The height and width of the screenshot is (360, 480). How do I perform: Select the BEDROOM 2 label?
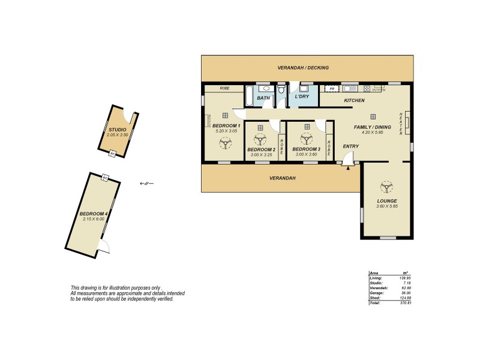click(x=261, y=149)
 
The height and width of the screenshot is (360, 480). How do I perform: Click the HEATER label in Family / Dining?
click(x=401, y=123)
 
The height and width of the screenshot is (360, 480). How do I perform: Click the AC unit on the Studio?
click(x=112, y=154)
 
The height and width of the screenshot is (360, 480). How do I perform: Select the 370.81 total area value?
click(x=405, y=303)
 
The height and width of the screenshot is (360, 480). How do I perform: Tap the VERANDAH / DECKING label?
click(x=303, y=68)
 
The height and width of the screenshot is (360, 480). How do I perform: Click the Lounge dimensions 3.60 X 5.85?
click(x=387, y=206)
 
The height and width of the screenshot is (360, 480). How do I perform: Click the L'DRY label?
click(x=301, y=97)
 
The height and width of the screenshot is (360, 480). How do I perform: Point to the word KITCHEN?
click(x=355, y=100)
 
